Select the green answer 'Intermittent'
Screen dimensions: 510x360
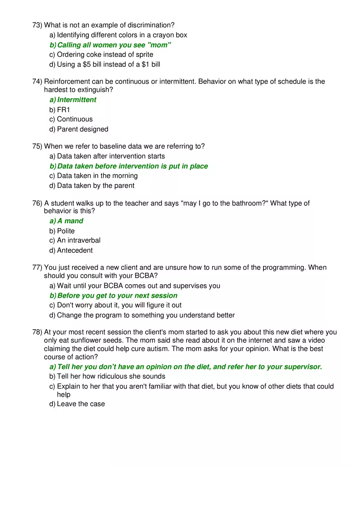point(76,100)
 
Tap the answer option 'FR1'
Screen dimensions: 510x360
point(63,110)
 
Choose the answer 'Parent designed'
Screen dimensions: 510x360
point(83,129)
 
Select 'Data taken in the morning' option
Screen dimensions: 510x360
point(97,176)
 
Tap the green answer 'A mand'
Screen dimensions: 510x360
point(70,221)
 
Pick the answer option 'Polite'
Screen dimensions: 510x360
point(66,231)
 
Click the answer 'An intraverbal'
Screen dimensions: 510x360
point(79,240)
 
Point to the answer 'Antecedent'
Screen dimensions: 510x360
point(75,250)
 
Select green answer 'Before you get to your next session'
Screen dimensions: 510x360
point(117,296)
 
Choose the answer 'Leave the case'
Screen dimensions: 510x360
point(81,404)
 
